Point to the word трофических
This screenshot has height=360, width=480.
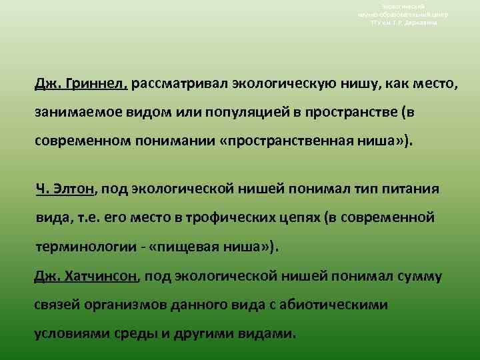(231, 217)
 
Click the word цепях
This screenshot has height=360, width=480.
(299, 217)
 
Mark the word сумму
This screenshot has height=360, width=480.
(421, 275)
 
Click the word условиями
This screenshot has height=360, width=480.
(70, 333)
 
